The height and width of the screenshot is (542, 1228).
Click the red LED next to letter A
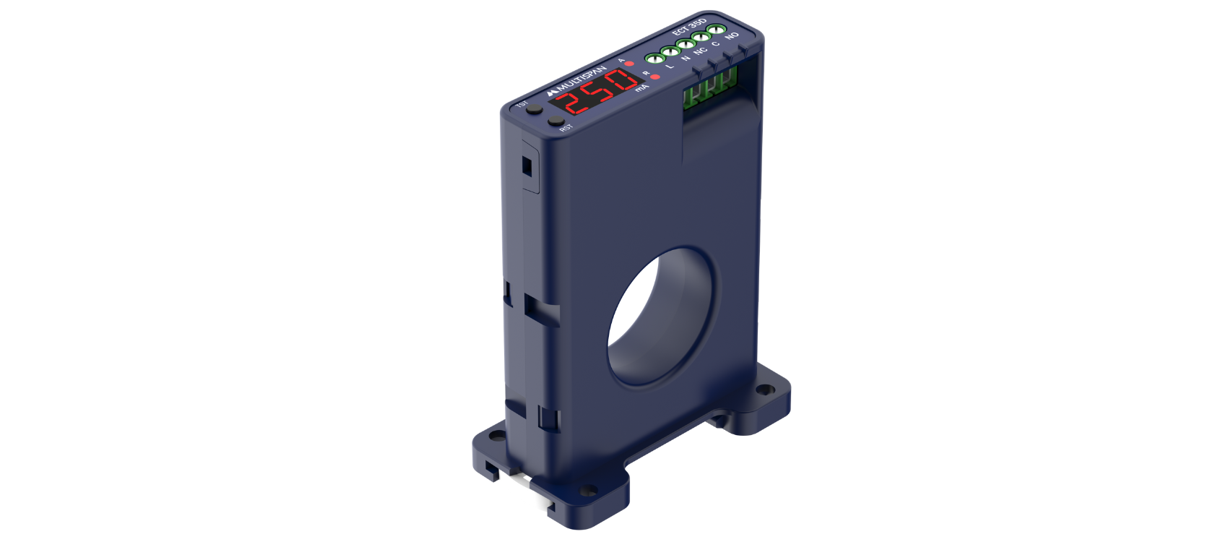tap(629, 64)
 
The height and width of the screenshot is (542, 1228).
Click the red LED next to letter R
tap(655, 77)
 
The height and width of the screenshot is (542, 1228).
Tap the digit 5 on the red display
tap(598, 90)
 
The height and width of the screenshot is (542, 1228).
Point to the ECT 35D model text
tap(689, 27)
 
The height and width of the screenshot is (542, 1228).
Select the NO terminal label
tap(732, 35)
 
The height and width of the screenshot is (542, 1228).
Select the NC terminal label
tap(701, 51)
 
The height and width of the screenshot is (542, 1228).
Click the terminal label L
tap(670, 66)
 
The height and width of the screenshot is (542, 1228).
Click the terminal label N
tap(686, 58)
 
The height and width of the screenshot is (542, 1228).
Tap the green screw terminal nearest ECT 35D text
tap(716, 30)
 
